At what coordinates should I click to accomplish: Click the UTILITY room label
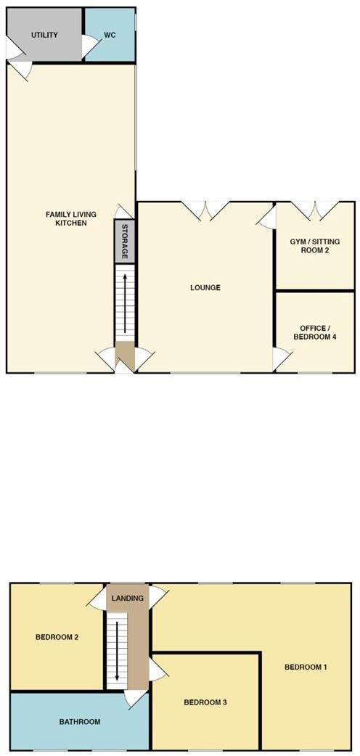pyautogui.click(x=45, y=35)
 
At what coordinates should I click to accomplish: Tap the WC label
pyautogui.click(x=110, y=35)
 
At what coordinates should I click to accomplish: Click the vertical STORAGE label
pyautogui.click(x=124, y=242)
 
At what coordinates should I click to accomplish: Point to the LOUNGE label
pyautogui.click(x=205, y=288)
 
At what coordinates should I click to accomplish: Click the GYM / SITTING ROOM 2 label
pyautogui.click(x=315, y=246)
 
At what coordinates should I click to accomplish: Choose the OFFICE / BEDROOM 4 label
pyautogui.click(x=314, y=332)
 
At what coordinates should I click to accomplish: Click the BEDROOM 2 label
pyautogui.click(x=57, y=638)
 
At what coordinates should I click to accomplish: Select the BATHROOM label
pyautogui.click(x=80, y=722)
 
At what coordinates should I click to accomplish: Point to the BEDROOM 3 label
pyautogui.click(x=205, y=702)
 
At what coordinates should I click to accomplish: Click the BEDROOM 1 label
pyautogui.click(x=306, y=667)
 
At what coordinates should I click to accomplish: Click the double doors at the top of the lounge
pyautogui.click(x=205, y=210)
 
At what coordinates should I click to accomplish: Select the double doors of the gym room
pyautogui.click(x=314, y=210)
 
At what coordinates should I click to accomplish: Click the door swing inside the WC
pyautogui.click(x=90, y=46)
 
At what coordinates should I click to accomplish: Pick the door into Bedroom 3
pyautogui.click(x=157, y=670)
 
